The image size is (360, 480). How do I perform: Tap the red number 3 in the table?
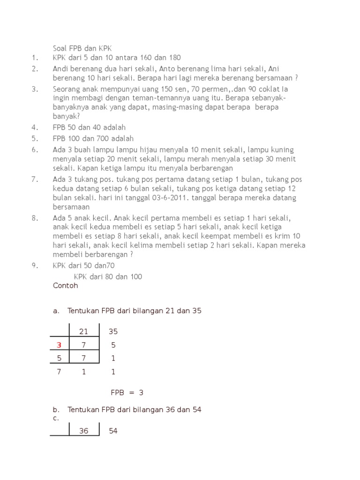tap(59, 345)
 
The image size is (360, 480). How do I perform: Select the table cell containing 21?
tap(83, 332)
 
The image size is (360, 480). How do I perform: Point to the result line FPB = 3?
tap(127, 393)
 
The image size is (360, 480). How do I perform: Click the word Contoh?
tap(66, 285)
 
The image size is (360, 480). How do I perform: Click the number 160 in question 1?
tap(144, 58)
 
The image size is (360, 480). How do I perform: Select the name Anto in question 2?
tap(168, 69)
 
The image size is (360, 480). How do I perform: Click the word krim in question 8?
tap(281, 236)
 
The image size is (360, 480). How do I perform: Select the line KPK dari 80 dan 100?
tap(108, 277)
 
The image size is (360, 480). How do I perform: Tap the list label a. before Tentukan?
tap(56, 311)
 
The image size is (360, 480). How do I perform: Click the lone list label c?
tap(56, 418)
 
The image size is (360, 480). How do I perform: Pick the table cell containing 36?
tap(83, 431)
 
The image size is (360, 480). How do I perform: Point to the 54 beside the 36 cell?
tap(113, 431)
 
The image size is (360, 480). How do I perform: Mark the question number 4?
tap(35, 127)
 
